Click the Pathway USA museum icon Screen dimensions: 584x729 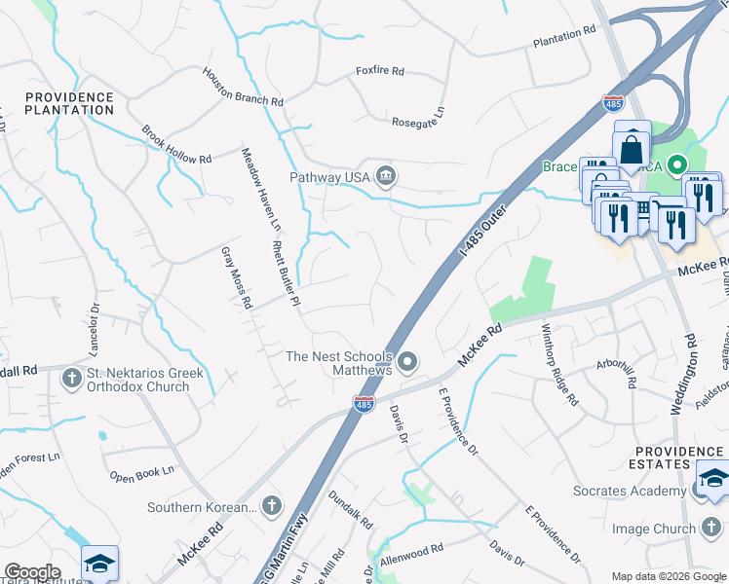[x=387, y=175]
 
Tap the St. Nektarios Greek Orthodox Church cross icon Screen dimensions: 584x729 [x=72, y=378]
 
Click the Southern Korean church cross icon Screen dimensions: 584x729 [x=272, y=506]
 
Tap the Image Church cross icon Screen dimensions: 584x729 [x=713, y=528]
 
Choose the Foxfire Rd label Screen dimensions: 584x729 [x=380, y=71]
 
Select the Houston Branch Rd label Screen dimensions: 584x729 [x=243, y=87]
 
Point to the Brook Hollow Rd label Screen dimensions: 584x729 [x=176, y=145]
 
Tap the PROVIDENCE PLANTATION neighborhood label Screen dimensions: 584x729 [x=70, y=103]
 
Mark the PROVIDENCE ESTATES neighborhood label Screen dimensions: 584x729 [x=679, y=458]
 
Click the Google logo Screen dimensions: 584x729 [x=32, y=571]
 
